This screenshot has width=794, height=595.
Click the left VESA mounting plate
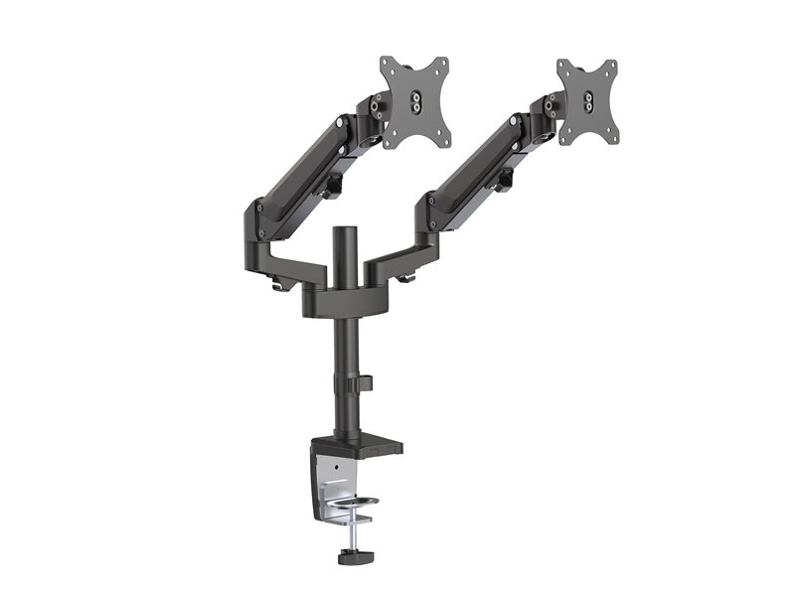tap(411, 99)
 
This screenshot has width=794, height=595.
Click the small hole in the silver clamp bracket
tap(337, 466)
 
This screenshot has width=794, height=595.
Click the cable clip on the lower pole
tap(364, 383)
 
